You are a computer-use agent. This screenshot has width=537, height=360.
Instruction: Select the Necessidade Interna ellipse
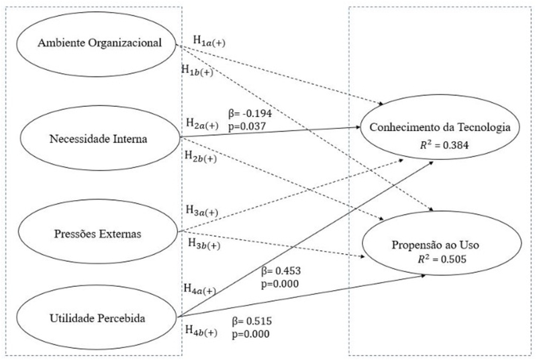click(99, 139)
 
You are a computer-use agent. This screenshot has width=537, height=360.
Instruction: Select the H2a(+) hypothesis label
click(202, 124)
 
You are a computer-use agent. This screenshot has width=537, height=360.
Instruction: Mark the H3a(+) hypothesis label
click(201, 212)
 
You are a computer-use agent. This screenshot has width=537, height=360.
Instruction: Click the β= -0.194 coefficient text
click(251, 114)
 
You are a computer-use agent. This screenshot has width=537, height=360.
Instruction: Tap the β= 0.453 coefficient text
click(281, 271)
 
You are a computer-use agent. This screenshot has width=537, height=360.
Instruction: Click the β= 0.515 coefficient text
click(251, 322)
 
